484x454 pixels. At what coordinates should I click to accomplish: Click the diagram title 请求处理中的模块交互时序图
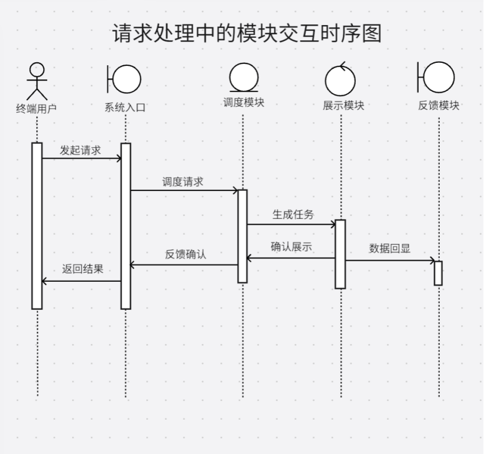click(x=246, y=33)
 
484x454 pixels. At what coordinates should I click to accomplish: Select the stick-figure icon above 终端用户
click(x=37, y=81)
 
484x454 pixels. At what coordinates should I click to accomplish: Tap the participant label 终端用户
click(x=36, y=108)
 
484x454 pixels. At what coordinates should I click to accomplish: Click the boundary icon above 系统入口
click(x=125, y=79)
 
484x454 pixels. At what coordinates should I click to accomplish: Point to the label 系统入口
click(x=125, y=108)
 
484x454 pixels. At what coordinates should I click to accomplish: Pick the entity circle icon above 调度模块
click(x=243, y=78)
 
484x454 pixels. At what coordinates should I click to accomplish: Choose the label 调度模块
click(x=243, y=103)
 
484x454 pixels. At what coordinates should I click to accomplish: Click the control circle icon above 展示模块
click(x=341, y=80)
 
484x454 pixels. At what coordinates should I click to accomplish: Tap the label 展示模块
click(x=344, y=105)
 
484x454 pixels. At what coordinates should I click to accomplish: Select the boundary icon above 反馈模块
click(x=437, y=77)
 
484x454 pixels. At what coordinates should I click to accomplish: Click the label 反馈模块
click(x=439, y=105)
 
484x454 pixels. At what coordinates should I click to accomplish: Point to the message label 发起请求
click(x=80, y=150)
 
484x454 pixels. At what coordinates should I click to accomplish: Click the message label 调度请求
click(x=183, y=182)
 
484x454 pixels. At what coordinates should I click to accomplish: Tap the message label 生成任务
click(x=293, y=214)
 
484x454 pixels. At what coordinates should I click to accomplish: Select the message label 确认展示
click(x=291, y=247)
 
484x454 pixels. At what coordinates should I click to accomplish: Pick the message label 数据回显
click(x=390, y=249)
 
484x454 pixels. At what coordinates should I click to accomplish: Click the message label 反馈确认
click(x=185, y=254)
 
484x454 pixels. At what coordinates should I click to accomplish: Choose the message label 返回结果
click(x=83, y=269)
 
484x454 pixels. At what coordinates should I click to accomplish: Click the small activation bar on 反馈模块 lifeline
click(x=438, y=273)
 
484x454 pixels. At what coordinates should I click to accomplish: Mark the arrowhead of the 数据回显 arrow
click(x=432, y=260)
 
